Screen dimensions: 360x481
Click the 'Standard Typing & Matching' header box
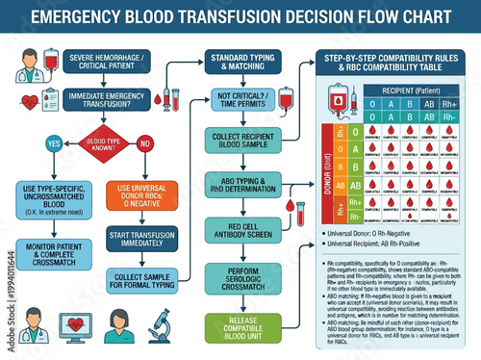242,64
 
